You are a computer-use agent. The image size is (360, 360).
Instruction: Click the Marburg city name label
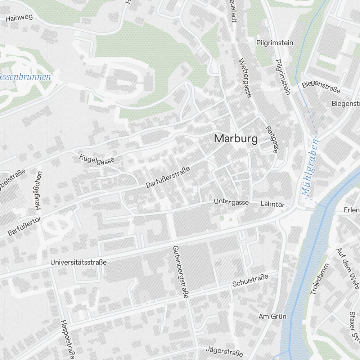236,139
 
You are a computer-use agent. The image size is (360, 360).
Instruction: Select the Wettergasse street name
245,78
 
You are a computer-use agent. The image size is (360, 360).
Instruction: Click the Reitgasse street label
271,140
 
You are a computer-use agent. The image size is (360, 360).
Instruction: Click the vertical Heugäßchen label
37,190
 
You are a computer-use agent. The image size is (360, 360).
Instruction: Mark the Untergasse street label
231,202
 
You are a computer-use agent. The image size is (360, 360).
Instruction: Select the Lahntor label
272,204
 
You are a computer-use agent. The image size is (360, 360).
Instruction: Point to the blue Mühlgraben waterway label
310,167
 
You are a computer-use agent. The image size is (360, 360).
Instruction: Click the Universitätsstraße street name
78,262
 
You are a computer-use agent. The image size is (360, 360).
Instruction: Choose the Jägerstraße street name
222,350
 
